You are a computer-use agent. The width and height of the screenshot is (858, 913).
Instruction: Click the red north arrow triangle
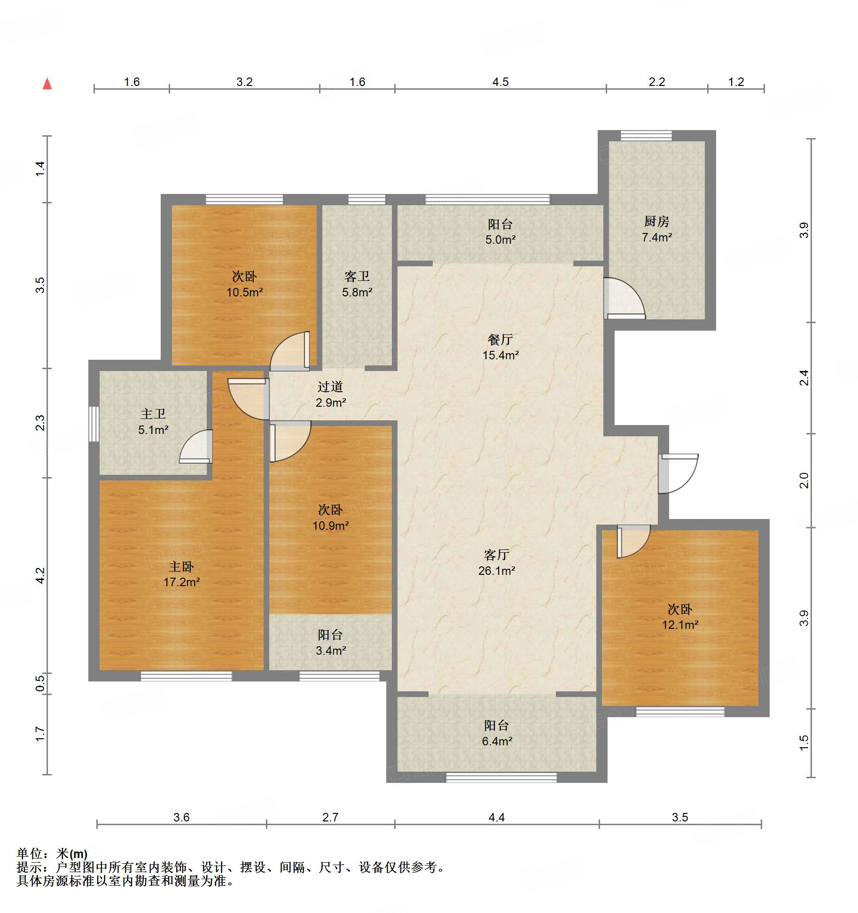pyautogui.click(x=47, y=84)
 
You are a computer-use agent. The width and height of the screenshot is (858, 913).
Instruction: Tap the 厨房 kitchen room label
pyautogui.click(x=656, y=221)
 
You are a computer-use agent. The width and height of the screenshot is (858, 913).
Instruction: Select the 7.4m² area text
pyautogui.click(x=657, y=237)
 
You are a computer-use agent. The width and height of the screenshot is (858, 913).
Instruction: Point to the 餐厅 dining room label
pyautogui.click(x=500, y=340)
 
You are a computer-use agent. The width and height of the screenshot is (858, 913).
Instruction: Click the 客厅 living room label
pyautogui.click(x=497, y=555)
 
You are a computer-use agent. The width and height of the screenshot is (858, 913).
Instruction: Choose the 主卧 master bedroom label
pyautogui.click(x=181, y=566)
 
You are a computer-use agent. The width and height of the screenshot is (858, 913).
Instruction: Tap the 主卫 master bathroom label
pyautogui.click(x=153, y=414)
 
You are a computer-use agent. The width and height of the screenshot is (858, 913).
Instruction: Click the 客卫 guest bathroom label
pyautogui.click(x=357, y=276)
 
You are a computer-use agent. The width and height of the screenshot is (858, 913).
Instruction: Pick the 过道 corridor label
pyautogui.click(x=330, y=387)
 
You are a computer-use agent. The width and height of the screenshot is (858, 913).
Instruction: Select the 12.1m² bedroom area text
pyautogui.click(x=680, y=625)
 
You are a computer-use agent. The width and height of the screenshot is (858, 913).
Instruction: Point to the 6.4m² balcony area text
pyautogui.click(x=497, y=741)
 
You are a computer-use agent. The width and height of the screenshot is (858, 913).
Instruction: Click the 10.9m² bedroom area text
pyautogui.click(x=331, y=526)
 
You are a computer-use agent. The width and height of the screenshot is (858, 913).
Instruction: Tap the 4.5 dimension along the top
pyautogui.click(x=500, y=82)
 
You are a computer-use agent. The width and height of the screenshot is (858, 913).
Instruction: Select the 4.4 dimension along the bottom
pyautogui.click(x=497, y=818)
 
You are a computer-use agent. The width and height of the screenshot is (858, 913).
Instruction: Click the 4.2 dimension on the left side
pyautogui.click(x=40, y=575)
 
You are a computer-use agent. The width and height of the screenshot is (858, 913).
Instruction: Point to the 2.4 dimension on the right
pyautogui.click(x=804, y=378)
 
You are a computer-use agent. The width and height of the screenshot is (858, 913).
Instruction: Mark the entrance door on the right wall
pyautogui.click(x=678, y=473)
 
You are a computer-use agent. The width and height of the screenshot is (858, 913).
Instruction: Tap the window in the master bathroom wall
pyautogui.click(x=94, y=424)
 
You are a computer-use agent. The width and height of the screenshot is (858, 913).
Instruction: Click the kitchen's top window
pyautogui.click(x=646, y=136)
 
